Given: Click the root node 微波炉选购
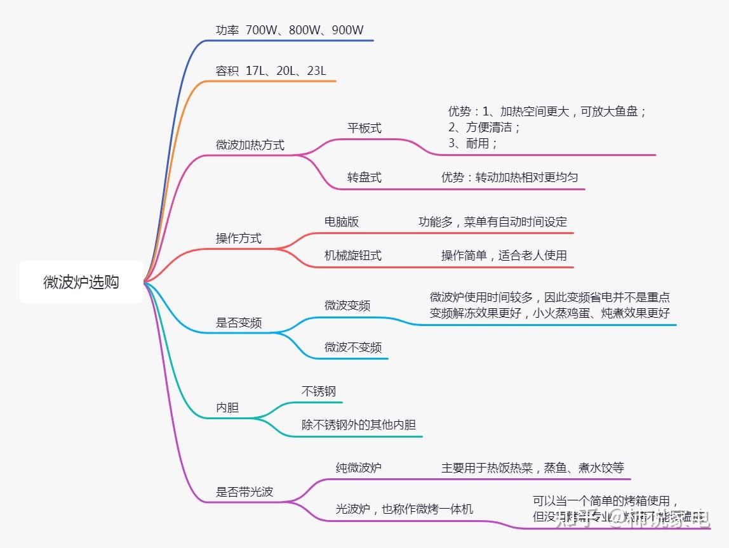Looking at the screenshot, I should (x=81, y=282).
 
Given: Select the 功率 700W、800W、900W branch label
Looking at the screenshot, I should (x=290, y=30).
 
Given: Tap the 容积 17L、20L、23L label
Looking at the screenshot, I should (x=271, y=70).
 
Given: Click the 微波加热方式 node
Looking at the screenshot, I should (x=250, y=145).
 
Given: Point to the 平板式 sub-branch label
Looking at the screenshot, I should (x=364, y=127).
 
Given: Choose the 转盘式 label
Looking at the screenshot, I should (x=364, y=178).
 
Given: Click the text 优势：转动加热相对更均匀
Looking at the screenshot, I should (x=510, y=178).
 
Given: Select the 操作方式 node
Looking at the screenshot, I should (x=239, y=238).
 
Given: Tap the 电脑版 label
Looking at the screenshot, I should (x=342, y=221).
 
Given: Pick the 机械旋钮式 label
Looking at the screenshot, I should (x=353, y=256).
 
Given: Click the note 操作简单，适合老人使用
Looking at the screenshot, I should (x=504, y=256).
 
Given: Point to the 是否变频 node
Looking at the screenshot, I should (x=239, y=323).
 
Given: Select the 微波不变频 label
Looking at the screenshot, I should (x=353, y=347).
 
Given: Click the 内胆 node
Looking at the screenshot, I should (x=227, y=408).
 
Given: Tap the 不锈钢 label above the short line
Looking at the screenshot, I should (x=319, y=391).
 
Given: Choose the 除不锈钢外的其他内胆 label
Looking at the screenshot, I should (x=359, y=425).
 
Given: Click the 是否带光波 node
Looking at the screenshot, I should (x=244, y=492).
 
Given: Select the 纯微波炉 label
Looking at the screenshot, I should (x=359, y=468).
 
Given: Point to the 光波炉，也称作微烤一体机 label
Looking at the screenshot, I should (x=405, y=509).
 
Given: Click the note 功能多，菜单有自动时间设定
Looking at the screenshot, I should (x=493, y=222).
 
